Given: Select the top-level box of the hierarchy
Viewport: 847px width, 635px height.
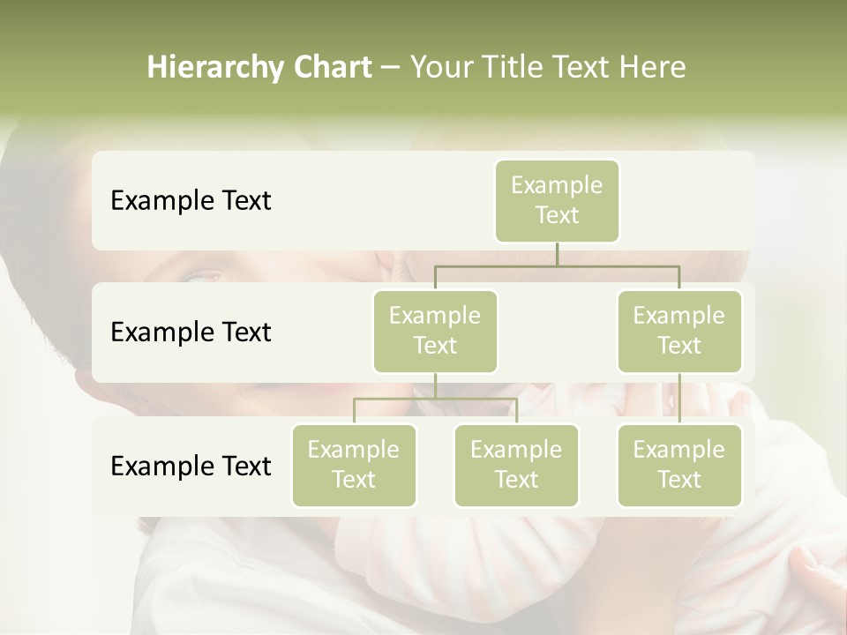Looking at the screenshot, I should tap(557, 200).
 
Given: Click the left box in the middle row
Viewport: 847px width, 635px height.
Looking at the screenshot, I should tap(435, 331).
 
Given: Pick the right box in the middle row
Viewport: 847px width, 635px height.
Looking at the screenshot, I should tap(679, 331).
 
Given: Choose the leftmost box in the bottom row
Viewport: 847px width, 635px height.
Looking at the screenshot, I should tap(354, 465).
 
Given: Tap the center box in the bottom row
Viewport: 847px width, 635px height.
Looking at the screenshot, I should tap(516, 465).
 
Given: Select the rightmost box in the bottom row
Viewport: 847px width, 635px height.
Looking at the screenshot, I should tap(679, 465).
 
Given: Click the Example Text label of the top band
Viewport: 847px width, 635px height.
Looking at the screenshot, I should tap(191, 201).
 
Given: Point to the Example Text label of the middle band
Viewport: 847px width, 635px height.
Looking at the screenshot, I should tap(191, 332).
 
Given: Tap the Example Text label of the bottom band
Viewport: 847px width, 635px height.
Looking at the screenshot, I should tap(191, 467).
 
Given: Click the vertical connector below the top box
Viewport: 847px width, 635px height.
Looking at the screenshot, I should tap(557, 254).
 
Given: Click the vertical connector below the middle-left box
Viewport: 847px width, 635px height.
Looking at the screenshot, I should tap(435, 385).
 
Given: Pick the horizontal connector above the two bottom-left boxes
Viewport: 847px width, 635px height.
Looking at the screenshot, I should tap(435, 399).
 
